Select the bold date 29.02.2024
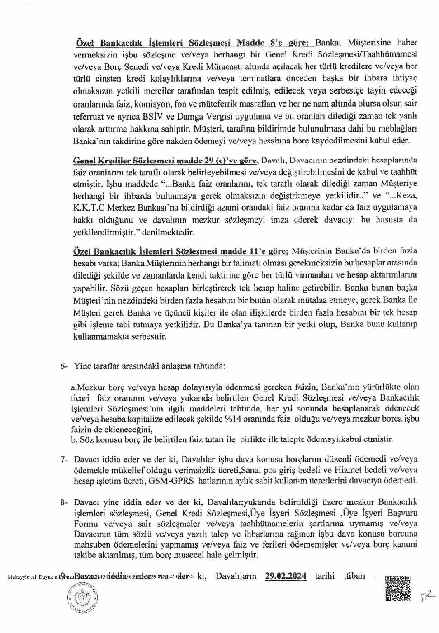(x=286, y=576)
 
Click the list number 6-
(x=64, y=366)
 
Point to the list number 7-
(x=64, y=459)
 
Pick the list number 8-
(x=64, y=502)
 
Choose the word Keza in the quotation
(x=406, y=195)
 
